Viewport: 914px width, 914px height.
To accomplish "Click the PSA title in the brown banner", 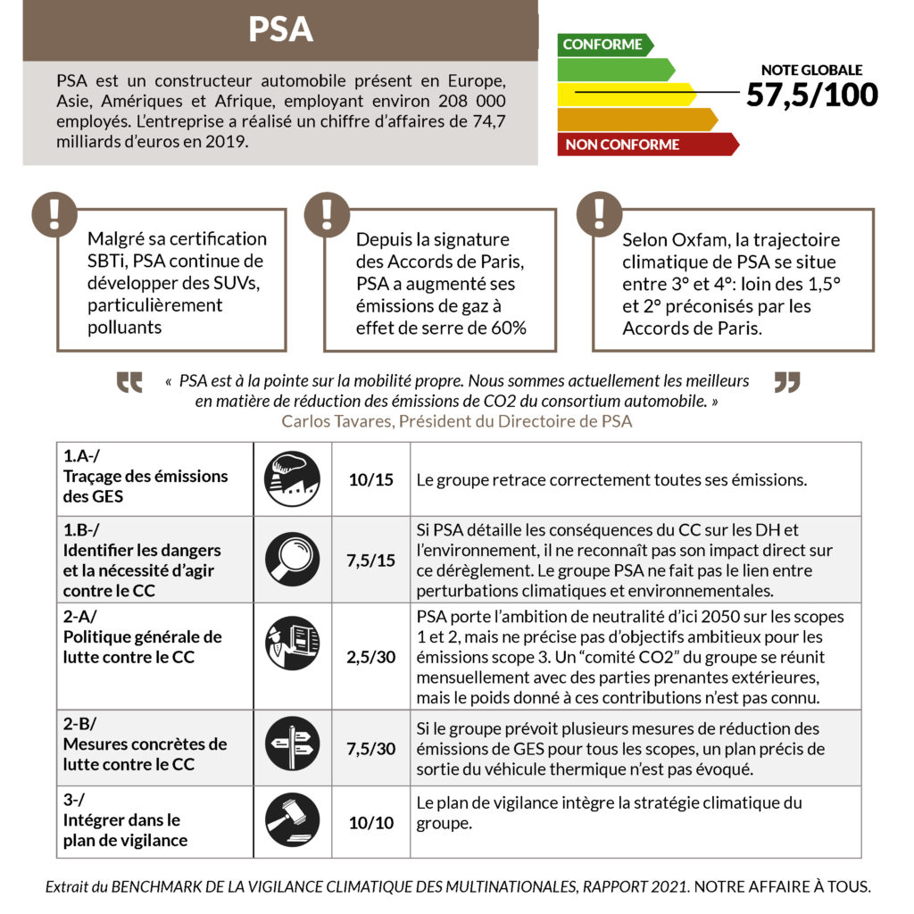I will point(280,29).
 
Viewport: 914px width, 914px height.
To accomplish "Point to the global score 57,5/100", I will point(811,95).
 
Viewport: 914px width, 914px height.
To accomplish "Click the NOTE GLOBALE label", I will point(811,70).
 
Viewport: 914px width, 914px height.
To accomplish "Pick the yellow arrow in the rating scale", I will point(625,94).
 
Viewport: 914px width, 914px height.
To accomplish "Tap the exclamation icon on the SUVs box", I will point(54,213).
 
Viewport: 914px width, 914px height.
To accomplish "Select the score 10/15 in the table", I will point(371,480).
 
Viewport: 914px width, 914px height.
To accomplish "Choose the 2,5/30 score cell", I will point(371,657).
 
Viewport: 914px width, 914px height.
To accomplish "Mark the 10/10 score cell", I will point(371,822).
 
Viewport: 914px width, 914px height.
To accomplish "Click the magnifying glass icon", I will point(292,559).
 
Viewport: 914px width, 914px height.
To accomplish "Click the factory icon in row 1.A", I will point(292,479).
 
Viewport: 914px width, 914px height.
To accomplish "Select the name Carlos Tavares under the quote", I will point(337,421).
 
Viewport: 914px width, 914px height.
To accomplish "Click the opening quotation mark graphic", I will point(130,382).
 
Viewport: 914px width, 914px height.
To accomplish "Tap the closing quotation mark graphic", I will point(787,382).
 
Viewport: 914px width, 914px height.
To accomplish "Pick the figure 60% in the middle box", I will point(509,327).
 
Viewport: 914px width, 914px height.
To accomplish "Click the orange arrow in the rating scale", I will point(636,119).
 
